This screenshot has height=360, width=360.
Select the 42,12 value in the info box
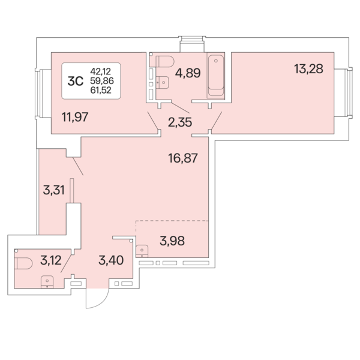[x=101, y=71]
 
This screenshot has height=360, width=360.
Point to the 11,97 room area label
[x=75, y=116]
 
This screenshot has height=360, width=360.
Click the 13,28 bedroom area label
[x=308, y=68]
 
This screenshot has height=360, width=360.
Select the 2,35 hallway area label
[x=180, y=124]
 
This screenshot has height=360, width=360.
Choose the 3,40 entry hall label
[x=111, y=260]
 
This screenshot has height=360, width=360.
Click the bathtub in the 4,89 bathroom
[x=215, y=76]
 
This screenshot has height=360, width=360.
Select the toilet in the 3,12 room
[x=25, y=263]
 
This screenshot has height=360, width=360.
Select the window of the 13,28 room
[x=343, y=92]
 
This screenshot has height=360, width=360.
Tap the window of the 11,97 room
[x=39, y=92]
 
